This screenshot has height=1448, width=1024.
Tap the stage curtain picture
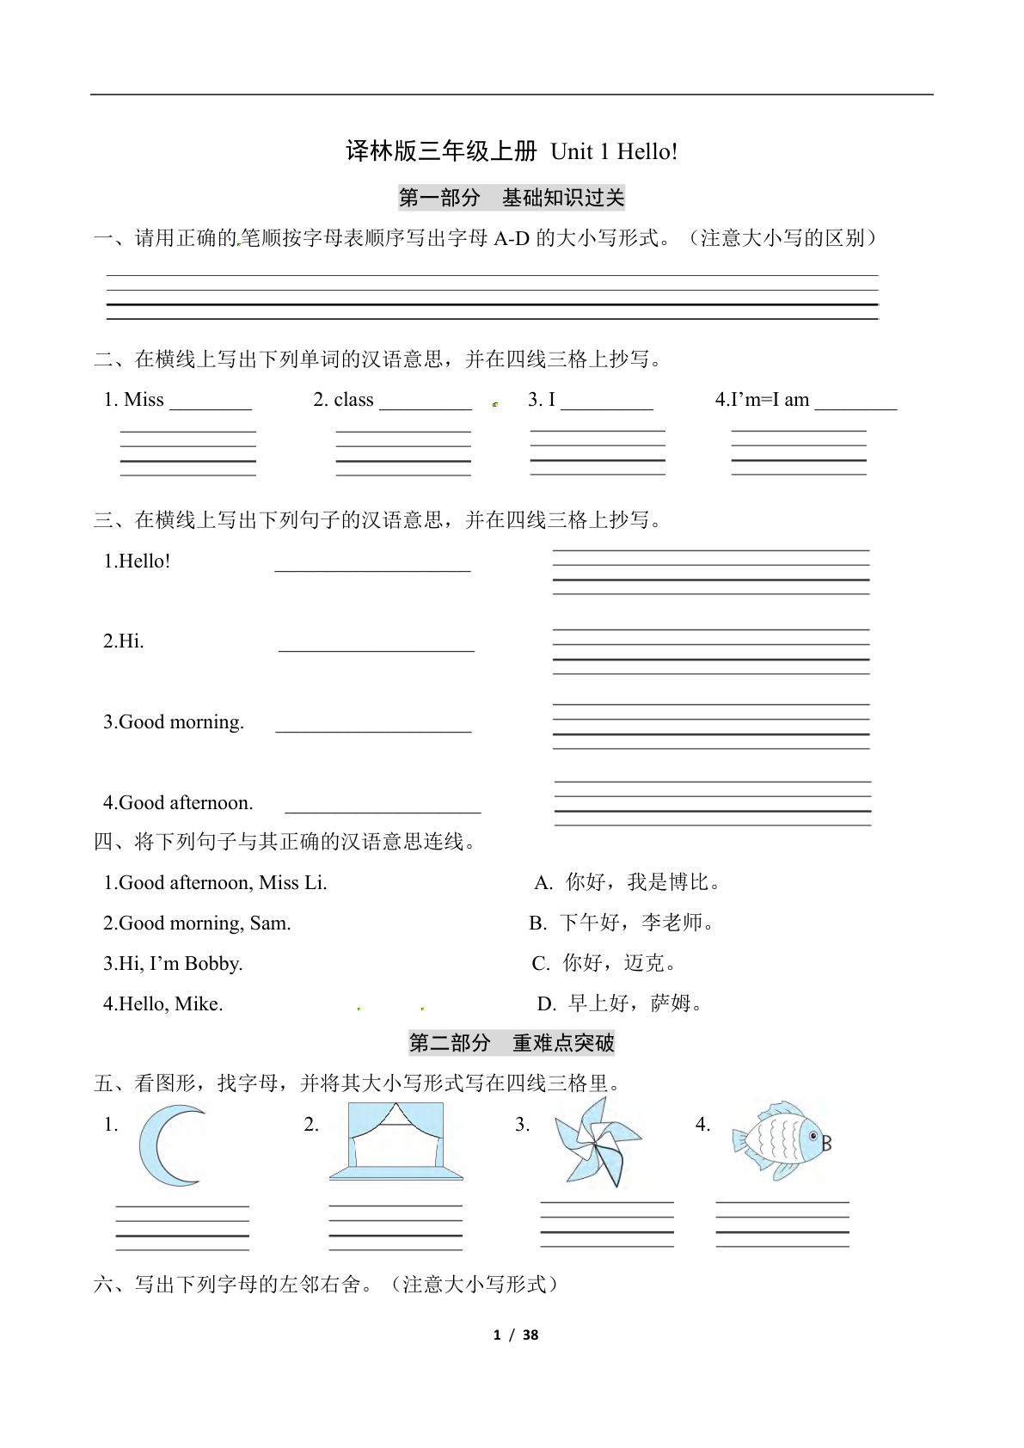pyautogui.click(x=395, y=1141)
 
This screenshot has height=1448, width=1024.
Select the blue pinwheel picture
pyautogui.click(x=597, y=1142)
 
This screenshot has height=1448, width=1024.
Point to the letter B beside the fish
pyautogui.click(x=827, y=1144)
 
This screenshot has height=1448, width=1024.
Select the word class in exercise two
pyautogui.click(x=353, y=400)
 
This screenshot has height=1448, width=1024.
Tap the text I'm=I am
pyautogui.click(x=763, y=400)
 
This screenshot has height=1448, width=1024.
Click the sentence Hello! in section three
pyautogui.click(x=138, y=561)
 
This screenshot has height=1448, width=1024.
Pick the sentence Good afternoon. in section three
pyautogui.click(x=178, y=803)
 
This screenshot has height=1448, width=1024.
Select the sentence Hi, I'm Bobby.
pyautogui.click(x=173, y=964)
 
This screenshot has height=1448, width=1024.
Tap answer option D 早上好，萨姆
pyautogui.click(x=620, y=1003)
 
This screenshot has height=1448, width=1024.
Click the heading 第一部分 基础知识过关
pyautogui.click(x=512, y=199)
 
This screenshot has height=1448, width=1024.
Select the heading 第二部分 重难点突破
pyautogui.click(x=512, y=1044)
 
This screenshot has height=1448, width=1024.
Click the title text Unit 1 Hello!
pyautogui.click(x=614, y=152)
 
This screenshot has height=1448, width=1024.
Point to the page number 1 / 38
pyautogui.click(x=515, y=1334)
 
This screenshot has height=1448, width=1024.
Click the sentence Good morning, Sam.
pyautogui.click(x=197, y=923)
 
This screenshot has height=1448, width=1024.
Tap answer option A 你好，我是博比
pyautogui.click(x=628, y=883)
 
